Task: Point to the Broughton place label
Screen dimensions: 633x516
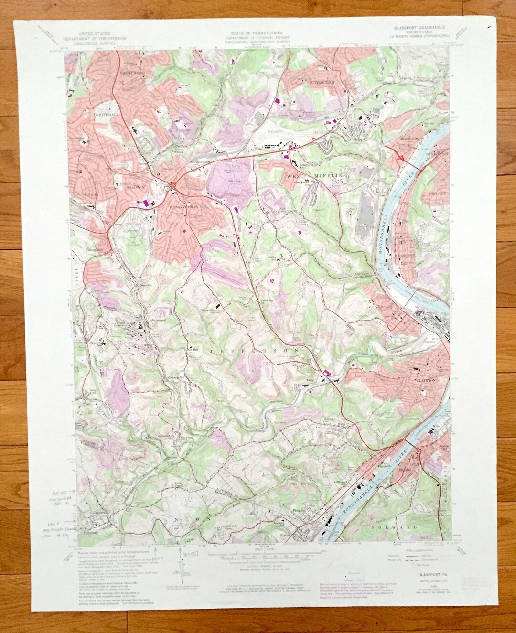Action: click(93, 248)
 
